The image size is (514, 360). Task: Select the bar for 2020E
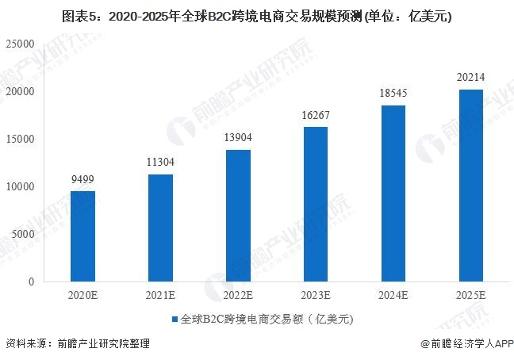(82, 236)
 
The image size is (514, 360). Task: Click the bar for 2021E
(160, 228)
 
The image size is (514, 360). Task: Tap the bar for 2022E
(238, 216)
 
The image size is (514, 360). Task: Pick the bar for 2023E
(316, 204)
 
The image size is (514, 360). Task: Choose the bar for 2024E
(393, 193)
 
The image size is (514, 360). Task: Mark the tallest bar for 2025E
(471, 186)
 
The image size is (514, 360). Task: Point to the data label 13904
(238, 139)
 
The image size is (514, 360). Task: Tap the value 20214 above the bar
(471, 78)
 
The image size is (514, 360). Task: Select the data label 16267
(316, 117)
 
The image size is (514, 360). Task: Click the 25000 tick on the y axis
(21, 44)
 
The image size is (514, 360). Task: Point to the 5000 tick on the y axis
(25, 234)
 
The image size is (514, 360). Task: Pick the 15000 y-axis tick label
(21, 139)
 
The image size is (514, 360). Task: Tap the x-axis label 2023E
(316, 295)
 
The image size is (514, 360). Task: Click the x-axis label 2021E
(160, 295)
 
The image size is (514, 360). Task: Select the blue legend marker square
(174, 320)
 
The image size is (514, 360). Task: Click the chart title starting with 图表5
(256, 15)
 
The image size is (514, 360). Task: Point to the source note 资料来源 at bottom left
(77, 344)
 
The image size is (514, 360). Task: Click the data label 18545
(393, 94)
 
